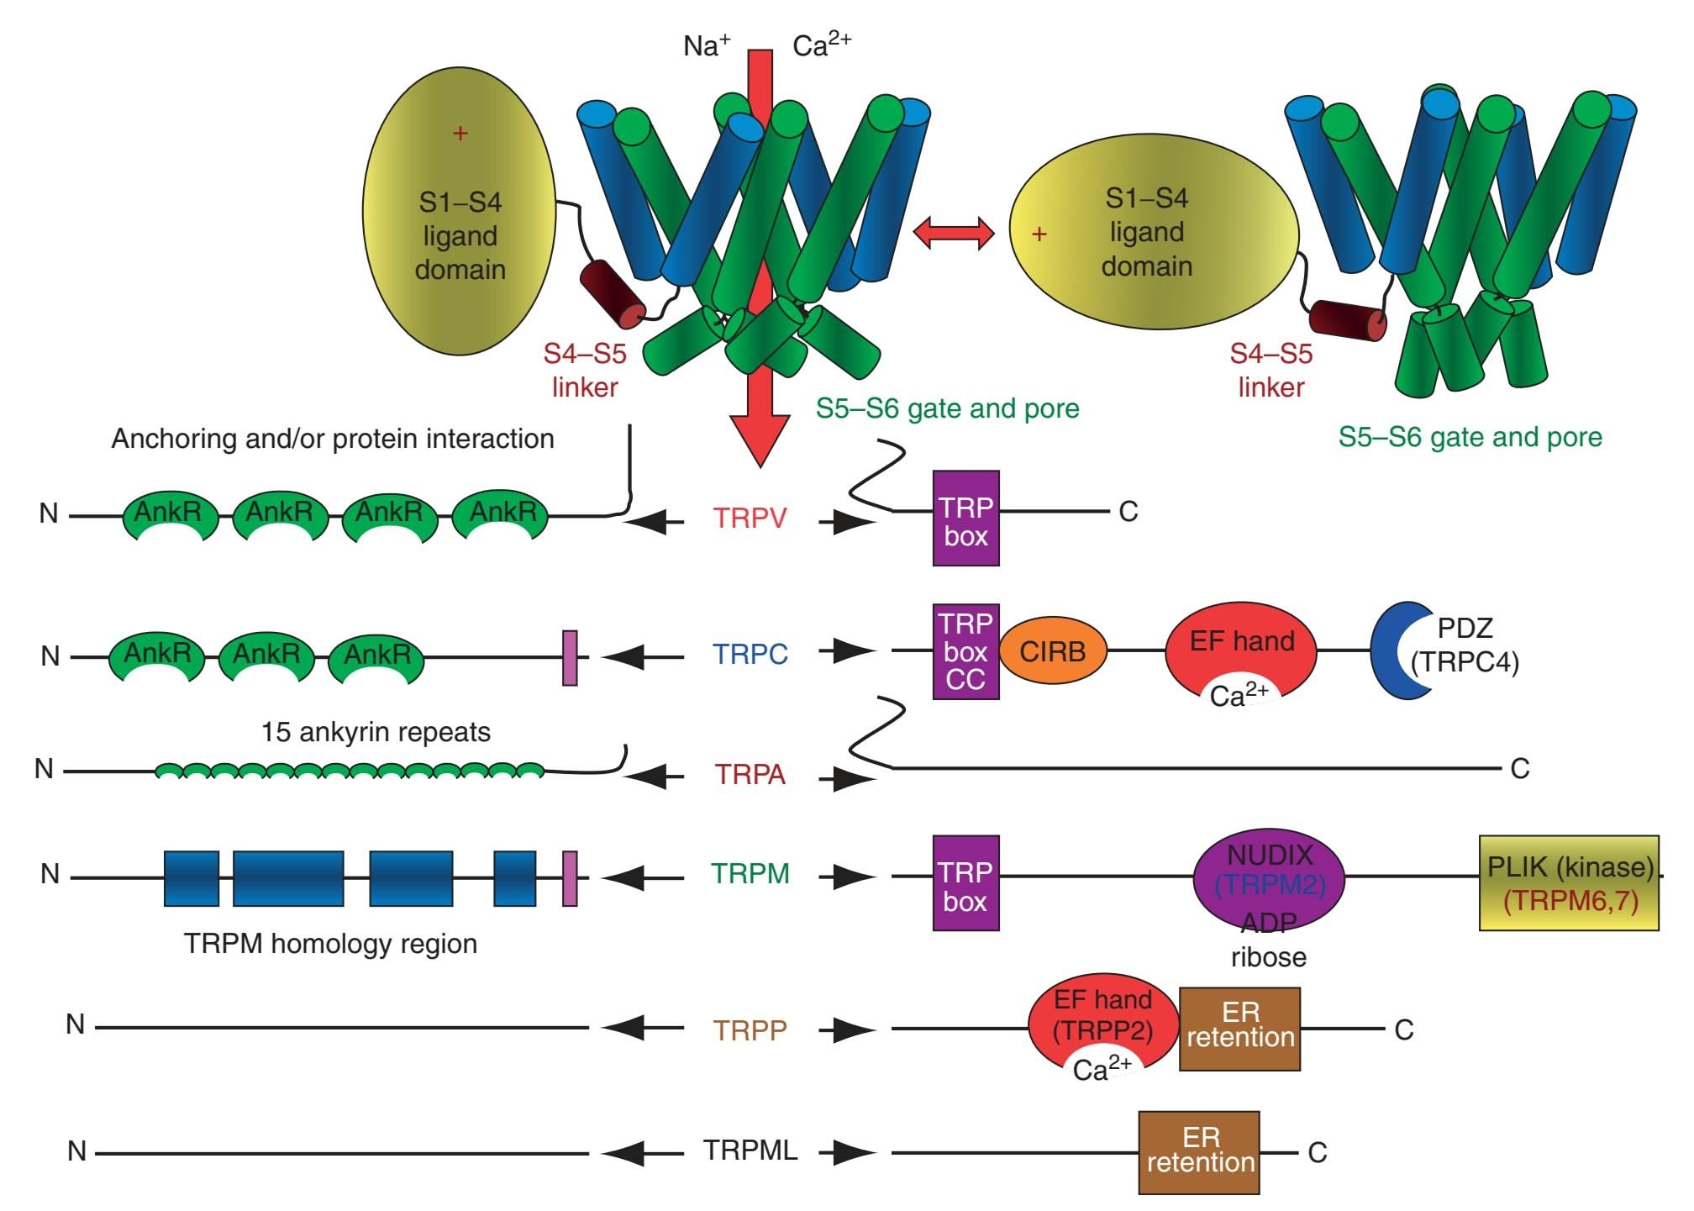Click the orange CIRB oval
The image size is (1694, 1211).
1052,651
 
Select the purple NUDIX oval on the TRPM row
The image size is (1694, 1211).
1269,878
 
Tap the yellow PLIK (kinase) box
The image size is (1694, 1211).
1569,882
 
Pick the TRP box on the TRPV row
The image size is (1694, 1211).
965,519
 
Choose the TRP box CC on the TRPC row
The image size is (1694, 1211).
965,651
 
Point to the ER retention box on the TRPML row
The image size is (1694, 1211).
1199,1152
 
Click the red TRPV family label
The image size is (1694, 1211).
750,518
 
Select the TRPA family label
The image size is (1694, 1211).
750,774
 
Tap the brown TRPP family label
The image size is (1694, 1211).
750,1029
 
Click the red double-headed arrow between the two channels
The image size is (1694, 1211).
953,232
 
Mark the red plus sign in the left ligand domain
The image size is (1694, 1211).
460,133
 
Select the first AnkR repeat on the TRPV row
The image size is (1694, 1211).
169,514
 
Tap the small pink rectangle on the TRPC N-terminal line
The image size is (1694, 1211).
570,657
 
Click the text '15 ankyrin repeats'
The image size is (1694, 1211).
376,732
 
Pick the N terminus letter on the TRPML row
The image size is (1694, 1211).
76,1151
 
